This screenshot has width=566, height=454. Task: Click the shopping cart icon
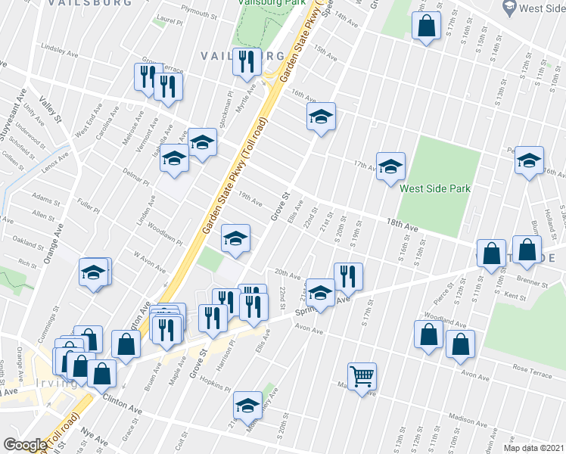pyautogui.click(x=362, y=375)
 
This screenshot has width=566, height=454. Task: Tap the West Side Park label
pyautogui.click(x=435, y=188)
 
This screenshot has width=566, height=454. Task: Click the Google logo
pyautogui.click(x=24, y=444)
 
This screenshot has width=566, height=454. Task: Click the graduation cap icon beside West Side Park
pyautogui.click(x=390, y=166)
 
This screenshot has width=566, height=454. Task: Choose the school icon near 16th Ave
pyautogui.click(x=321, y=116)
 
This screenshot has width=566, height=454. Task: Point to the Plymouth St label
pyautogui.click(x=199, y=13)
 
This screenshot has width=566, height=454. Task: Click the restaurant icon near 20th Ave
pyautogui.click(x=348, y=276)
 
